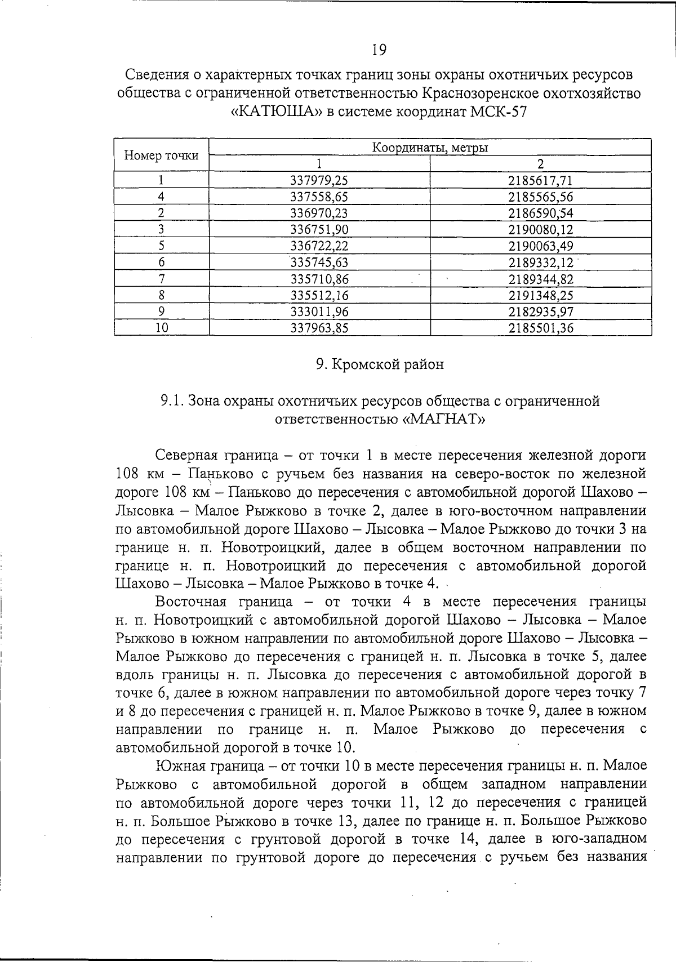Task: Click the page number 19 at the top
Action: coord(379,50)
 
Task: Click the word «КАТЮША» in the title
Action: coord(277,111)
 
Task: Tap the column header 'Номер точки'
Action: coord(162,155)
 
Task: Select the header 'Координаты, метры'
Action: coord(430,148)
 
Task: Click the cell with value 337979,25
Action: coord(319,181)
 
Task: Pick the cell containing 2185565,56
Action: coord(540,197)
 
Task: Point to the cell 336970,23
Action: coord(319,213)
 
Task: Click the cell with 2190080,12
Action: coord(540,230)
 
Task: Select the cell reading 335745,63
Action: coord(319,262)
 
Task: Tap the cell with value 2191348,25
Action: coord(540,295)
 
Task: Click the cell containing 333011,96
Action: coord(319,311)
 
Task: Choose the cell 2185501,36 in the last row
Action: coord(540,328)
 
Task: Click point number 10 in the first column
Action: coord(162,328)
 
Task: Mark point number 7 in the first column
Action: coord(162,279)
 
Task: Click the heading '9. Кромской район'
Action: coord(380,364)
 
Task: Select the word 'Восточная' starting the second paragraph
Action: coord(190,602)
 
